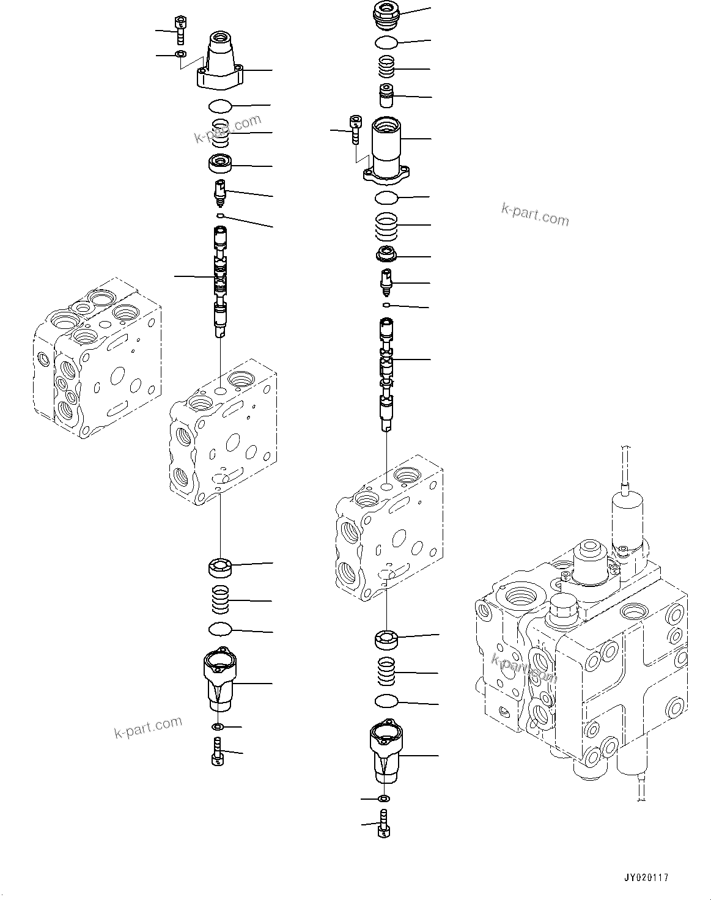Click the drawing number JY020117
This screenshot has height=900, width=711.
pos(646,877)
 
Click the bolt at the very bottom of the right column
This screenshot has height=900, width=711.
pos(385,824)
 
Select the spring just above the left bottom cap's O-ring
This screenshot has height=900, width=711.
pos(220,600)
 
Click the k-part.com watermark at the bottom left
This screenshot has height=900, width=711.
pos(148,727)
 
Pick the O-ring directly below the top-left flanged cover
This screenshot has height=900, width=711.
pos(220,106)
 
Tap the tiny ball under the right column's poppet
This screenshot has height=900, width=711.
pos(386,304)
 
